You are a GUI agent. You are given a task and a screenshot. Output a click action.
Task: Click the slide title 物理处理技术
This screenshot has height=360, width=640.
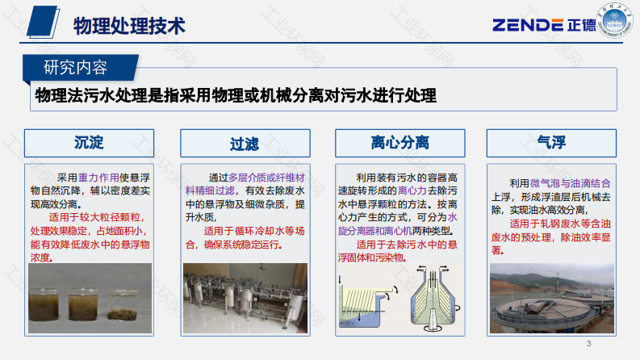pyautogui.click(x=129, y=26)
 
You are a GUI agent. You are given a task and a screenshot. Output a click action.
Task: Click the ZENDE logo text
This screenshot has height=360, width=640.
pyautogui.click(x=528, y=25)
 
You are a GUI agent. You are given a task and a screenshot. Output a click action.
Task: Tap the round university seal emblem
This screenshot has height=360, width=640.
pyautogui.click(x=614, y=20)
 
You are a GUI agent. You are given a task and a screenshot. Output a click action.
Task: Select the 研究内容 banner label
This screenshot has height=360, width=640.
pyautogui.click(x=76, y=67)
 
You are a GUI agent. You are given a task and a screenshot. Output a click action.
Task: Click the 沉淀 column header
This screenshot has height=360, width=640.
pyautogui.click(x=89, y=143)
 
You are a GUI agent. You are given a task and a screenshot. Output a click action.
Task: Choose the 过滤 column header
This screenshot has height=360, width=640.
pyautogui.click(x=245, y=143)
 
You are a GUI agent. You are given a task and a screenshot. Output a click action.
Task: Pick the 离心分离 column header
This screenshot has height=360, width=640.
pyautogui.click(x=400, y=143)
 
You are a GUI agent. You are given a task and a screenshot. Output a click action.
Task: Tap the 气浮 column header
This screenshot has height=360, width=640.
pyautogui.click(x=551, y=143)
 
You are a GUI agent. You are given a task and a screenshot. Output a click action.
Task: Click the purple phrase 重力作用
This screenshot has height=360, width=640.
pyautogui.click(x=98, y=178)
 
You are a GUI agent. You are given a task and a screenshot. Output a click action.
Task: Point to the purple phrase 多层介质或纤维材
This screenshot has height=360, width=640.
pyautogui.click(x=266, y=178)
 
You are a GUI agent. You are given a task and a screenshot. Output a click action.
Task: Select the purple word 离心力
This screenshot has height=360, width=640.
pyautogui.click(x=412, y=190)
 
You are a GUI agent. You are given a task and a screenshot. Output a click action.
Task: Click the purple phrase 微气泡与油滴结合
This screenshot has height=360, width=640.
pyautogui.click(x=571, y=183)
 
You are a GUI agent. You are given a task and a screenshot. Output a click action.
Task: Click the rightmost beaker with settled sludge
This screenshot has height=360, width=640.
pyautogui.click(x=123, y=304)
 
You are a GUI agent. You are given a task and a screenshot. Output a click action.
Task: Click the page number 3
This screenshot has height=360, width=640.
pyautogui.click(x=588, y=344)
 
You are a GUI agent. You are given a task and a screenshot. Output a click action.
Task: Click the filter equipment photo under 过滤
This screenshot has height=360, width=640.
pyautogui.click(x=245, y=298)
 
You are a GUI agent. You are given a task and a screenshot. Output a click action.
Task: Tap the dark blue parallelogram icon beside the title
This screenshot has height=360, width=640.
pyautogui.click(x=43, y=22)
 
